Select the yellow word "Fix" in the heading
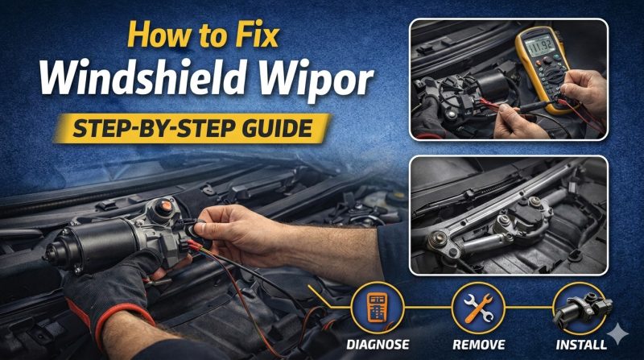click(x=258, y=35)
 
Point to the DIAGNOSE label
click(x=378, y=345)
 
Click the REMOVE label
click(x=478, y=345)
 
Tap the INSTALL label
click(x=580, y=345)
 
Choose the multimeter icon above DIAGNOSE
click(x=378, y=307)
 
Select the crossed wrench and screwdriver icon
click(x=478, y=308)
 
